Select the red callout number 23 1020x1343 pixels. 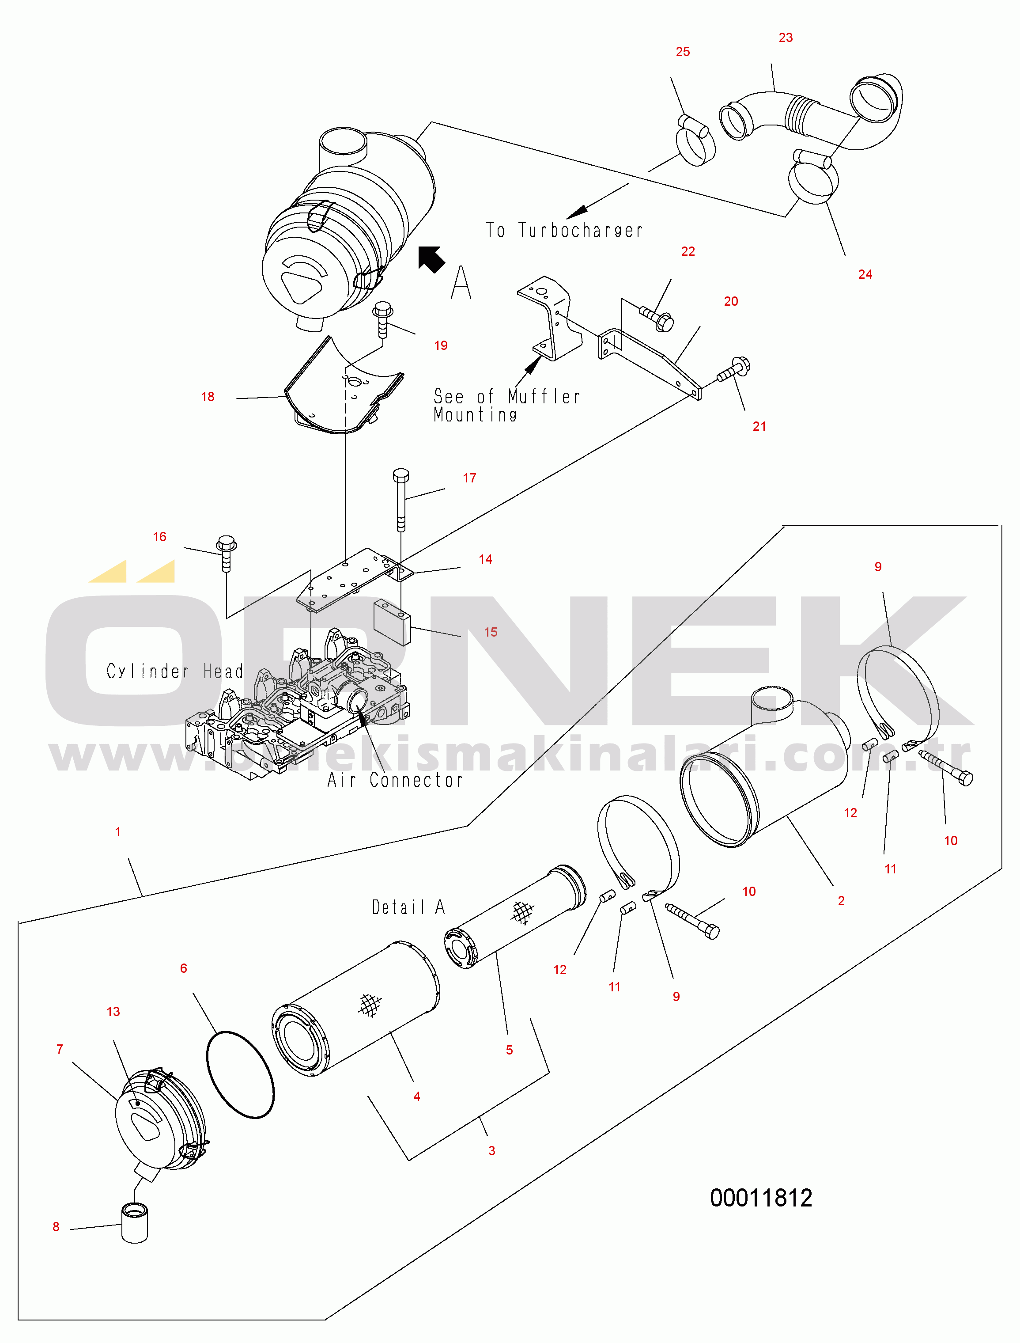786,38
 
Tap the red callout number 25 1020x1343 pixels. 683,52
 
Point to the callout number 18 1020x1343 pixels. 208,397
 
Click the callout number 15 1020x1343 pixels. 491,632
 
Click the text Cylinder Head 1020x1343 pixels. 175,671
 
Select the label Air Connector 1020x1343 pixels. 395,780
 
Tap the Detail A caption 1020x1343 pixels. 408,907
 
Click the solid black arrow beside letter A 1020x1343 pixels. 431,259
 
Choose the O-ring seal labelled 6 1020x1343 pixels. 240,1074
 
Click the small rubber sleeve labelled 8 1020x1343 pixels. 135,1223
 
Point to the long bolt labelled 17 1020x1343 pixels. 401,500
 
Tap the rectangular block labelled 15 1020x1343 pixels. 392,622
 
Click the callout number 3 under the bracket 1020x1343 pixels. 492,1150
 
